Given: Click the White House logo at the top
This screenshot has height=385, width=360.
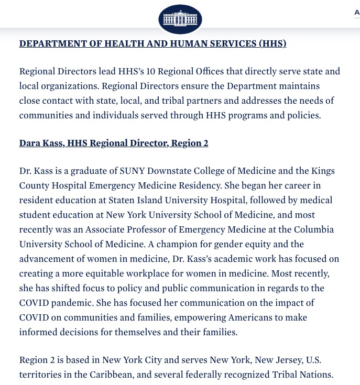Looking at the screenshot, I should [180, 19].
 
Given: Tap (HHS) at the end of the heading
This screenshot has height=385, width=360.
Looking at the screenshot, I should [272, 43].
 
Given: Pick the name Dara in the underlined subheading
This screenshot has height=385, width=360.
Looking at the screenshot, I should [31, 143].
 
